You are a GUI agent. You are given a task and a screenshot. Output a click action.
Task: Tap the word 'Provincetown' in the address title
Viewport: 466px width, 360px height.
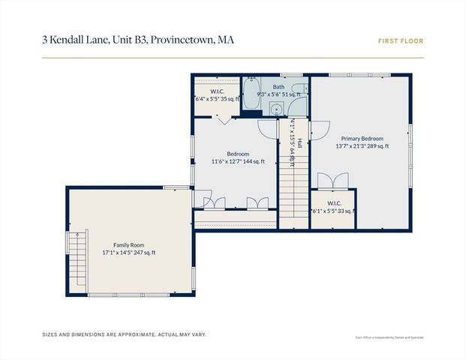(x=182, y=38)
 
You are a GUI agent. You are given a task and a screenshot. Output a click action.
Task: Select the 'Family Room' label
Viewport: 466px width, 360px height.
(x=128, y=245)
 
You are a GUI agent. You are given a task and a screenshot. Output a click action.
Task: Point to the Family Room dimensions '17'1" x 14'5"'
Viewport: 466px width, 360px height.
(x=116, y=253)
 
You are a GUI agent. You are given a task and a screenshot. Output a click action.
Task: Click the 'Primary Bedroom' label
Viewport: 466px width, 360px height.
(x=362, y=139)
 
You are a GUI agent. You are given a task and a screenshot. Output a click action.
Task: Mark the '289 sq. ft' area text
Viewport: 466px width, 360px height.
(x=377, y=146)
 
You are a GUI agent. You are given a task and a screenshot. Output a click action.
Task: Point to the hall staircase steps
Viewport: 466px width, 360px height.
(x=293, y=187)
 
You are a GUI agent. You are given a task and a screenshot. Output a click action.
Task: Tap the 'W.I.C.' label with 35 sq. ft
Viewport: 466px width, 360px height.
(x=218, y=91)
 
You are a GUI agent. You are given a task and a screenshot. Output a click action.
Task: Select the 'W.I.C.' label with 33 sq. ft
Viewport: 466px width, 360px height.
(x=334, y=203)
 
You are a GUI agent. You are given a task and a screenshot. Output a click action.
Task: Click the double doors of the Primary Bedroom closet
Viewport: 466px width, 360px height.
(x=332, y=181)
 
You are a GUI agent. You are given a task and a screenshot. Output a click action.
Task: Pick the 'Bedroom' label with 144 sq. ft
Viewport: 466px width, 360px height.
(x=238, y=154)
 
